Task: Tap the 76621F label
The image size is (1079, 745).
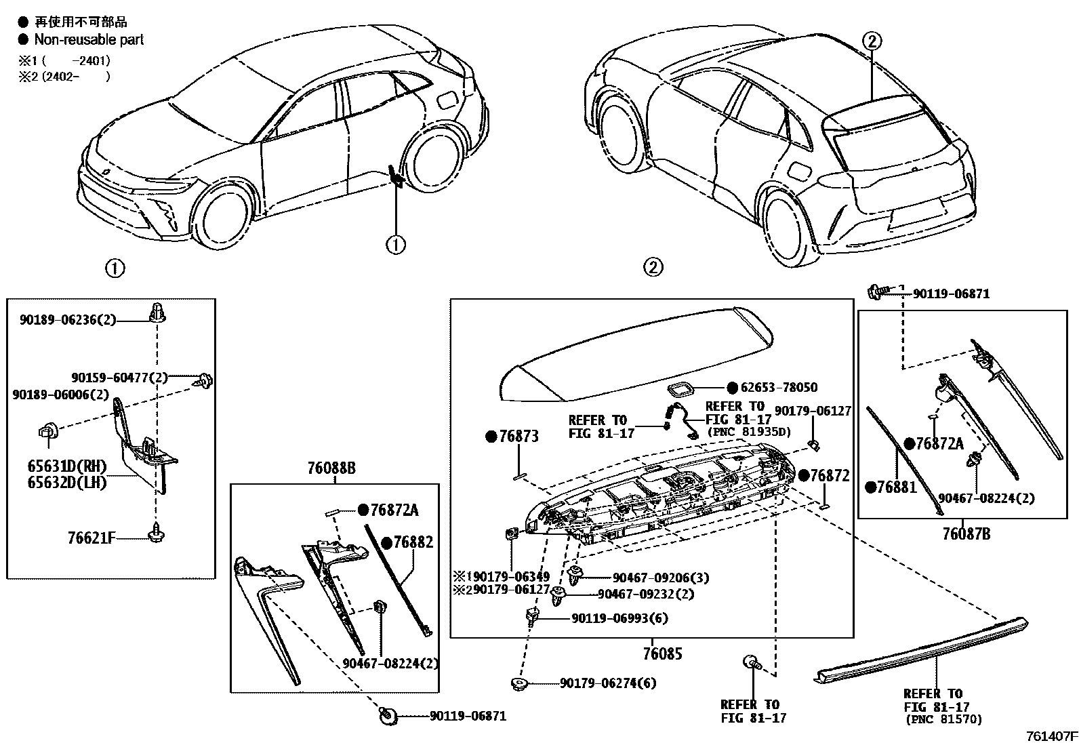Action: (91, 539)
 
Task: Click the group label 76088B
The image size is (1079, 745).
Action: (331, 468)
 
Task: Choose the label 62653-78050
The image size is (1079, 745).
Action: (779, 388)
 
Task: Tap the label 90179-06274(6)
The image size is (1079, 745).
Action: (608, 683)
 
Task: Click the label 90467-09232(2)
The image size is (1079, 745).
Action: (645, 594)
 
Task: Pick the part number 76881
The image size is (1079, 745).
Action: (896, 487)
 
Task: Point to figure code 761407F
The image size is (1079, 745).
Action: (1051, 736)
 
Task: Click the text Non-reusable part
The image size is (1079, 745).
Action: (89, 40)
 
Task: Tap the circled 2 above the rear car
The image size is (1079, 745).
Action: (872, 41)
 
